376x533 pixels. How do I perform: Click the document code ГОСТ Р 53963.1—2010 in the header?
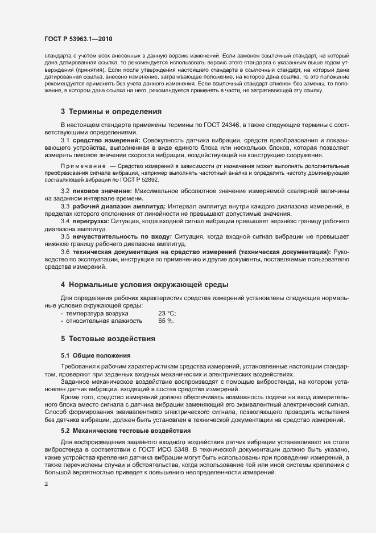(x=78, y=39)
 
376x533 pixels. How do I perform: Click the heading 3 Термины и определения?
(x=110, y=111)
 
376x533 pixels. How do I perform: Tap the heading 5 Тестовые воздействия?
(x=108, y=338)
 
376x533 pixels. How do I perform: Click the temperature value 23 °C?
(x=167, y=313)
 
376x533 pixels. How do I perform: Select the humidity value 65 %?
(x=166, y=321)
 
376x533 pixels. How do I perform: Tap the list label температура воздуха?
(x=97, y=313)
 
